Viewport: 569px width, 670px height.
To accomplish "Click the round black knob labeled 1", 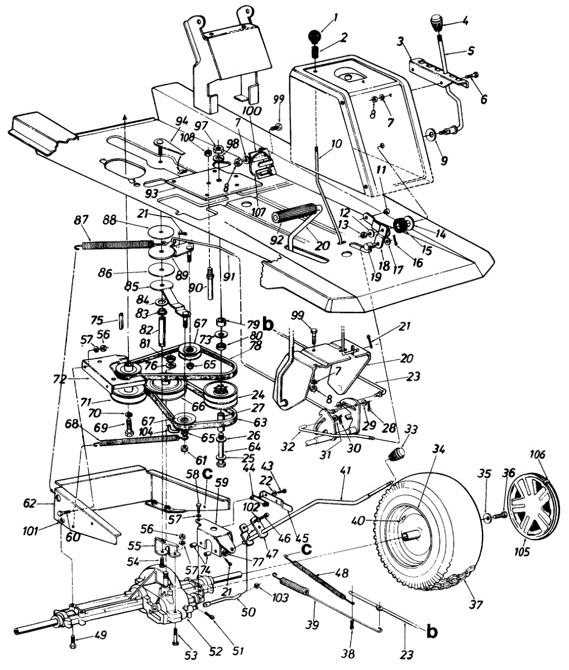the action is [x=315, y=37].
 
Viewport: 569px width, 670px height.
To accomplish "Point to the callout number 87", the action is [x=81, y=220].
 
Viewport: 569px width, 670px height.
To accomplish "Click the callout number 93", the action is [x=152, y=194].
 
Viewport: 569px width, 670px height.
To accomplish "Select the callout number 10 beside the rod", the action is [x=337, y=143].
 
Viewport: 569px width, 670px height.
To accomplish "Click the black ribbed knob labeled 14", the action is [x=403, y=225].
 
